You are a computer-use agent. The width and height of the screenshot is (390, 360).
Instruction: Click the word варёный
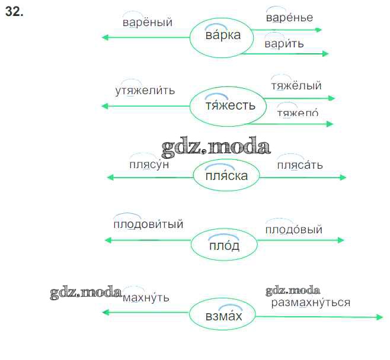click(x=148, y=23)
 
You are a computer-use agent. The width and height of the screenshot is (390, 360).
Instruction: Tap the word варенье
click(x=289, y=18)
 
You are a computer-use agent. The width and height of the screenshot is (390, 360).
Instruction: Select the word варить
click(x=284, y=44)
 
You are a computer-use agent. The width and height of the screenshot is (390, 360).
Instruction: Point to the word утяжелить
click(x=145, y=91)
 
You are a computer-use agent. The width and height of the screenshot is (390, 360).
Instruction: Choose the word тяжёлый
click(x=296, y=86)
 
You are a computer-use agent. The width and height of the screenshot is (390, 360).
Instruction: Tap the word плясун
click(x=149, y=164)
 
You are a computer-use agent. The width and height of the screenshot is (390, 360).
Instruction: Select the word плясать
click(x=300, y=165)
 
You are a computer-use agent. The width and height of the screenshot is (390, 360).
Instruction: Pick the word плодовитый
click(x=148, y=224)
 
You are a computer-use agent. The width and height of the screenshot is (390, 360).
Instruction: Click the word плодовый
click(x=293, y=229)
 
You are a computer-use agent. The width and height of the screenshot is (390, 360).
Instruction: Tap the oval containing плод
click(x=224, y=245)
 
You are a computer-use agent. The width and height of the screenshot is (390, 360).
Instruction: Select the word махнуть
click(x=146, y=297)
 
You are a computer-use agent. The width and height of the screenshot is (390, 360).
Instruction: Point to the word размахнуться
click(x=311, y=303)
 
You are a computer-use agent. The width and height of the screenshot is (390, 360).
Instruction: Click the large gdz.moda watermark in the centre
click(x=215, y=146)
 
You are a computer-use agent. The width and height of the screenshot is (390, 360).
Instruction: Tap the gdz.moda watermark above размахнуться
click(x=293, y=291)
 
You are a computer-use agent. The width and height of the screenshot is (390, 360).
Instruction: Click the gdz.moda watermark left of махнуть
click(x=86, y=292)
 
